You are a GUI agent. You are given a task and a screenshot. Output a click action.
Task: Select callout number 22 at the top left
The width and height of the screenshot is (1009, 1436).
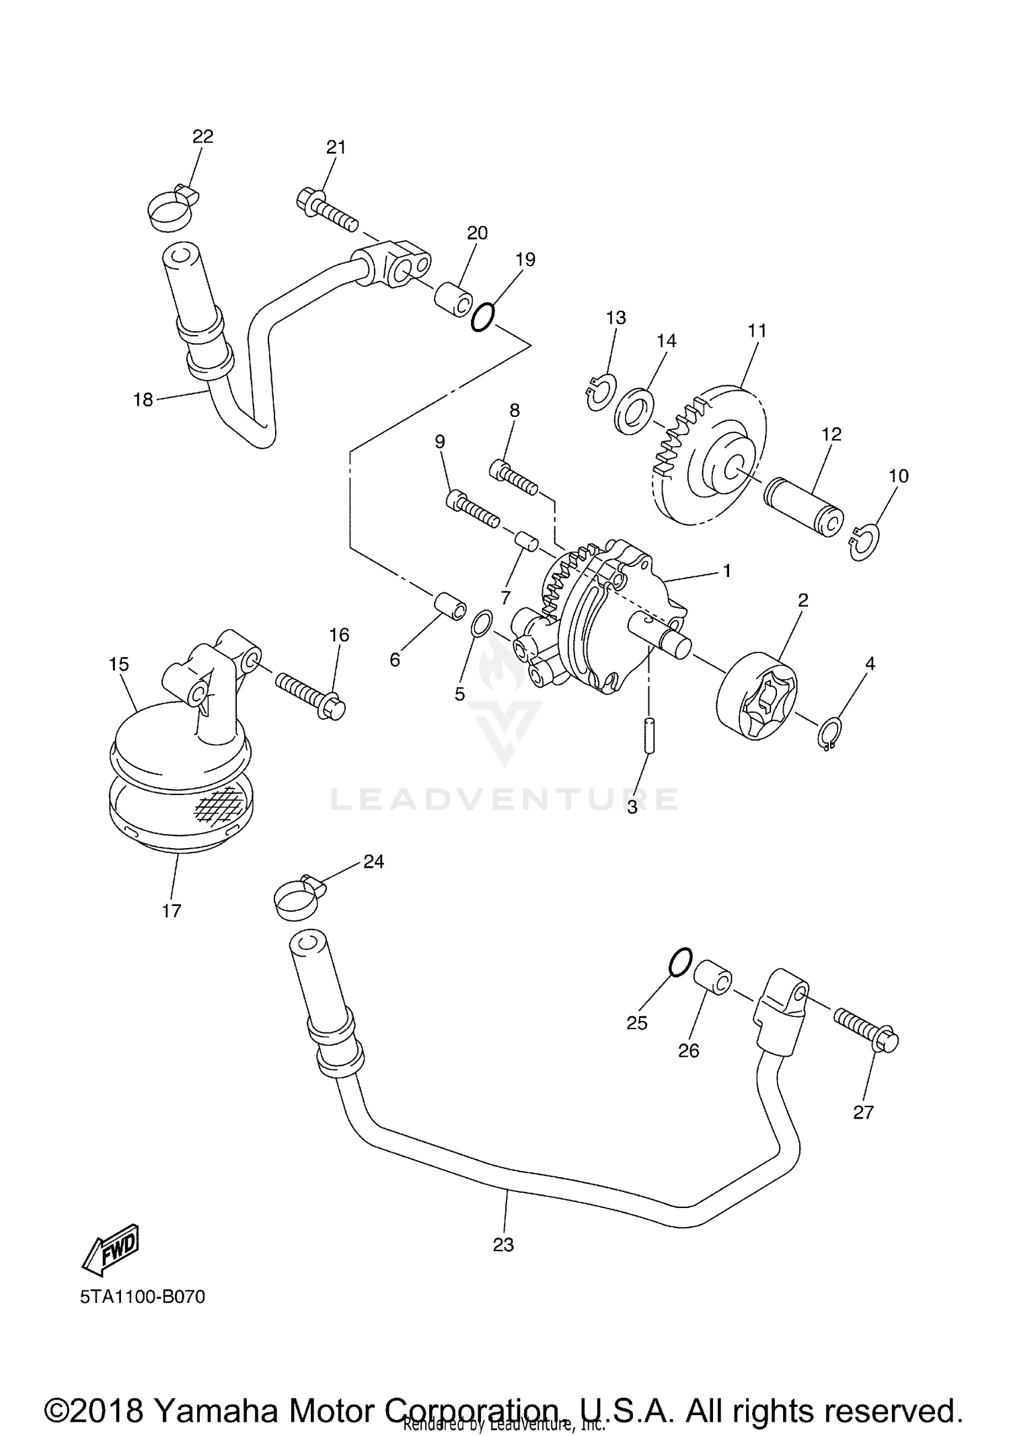202,137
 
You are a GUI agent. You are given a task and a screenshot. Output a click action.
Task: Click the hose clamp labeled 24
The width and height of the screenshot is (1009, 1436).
299,897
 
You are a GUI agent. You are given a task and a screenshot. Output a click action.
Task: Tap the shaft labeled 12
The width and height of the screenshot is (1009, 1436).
804,506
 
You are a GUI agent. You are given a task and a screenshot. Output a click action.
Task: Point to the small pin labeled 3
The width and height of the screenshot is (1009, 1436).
648,737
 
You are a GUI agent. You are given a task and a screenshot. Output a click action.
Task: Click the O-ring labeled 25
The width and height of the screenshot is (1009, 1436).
681,962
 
